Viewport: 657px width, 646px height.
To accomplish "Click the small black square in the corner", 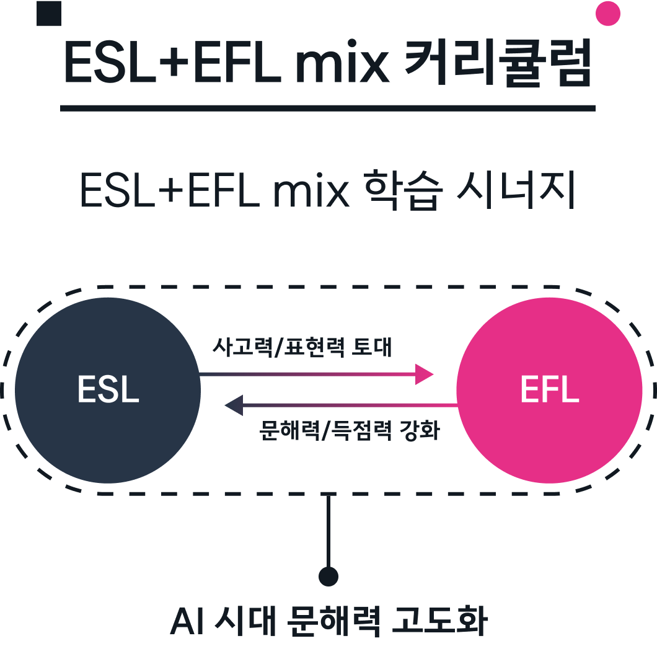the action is click(49, 14).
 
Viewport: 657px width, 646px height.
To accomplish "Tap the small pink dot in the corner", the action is click(607, 14).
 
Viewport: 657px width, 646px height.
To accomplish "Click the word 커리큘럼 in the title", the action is click(498, 63).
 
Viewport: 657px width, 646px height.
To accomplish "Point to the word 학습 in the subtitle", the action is click(403, 190).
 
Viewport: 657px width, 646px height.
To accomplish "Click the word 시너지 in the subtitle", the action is click(516, 190).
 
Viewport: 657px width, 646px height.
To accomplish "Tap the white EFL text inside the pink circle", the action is click(549, 389).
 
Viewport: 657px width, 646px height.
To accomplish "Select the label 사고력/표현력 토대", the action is click(302, 347).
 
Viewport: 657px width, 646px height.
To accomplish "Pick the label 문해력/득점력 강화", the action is click(350, 430).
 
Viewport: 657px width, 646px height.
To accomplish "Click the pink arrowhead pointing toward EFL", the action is click(424, 374).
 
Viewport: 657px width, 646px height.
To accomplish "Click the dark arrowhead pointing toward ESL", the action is click(234, 405).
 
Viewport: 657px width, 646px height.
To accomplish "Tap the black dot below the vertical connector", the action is click(328, 577).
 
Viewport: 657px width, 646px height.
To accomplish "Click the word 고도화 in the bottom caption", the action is click(439, 621).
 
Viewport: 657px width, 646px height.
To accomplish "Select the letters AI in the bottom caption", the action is click(187, 621).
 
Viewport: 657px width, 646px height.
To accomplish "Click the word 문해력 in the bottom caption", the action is click(334, 621).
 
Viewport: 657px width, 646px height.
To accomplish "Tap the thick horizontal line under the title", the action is click(328, 108).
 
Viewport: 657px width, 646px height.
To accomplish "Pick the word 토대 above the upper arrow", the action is click(372, 347).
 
